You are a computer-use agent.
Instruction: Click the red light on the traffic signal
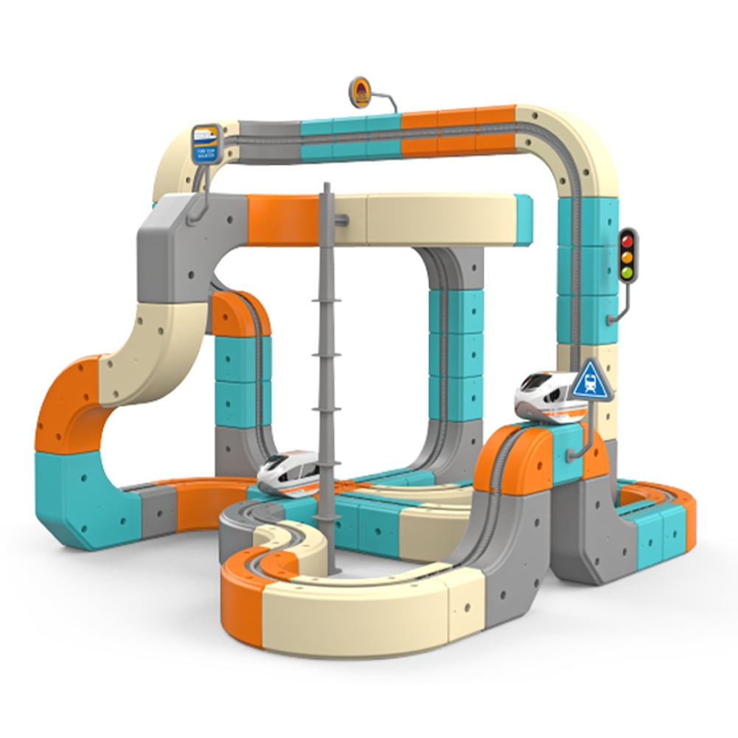coord(627,240)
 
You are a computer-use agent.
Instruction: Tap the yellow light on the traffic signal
coord(627,257)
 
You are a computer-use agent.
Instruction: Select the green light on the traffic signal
coord(627,273)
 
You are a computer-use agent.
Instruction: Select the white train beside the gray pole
coord(289,472)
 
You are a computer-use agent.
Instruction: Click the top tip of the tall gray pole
coord(327,187)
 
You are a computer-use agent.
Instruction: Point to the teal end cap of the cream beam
coord(523,220)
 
